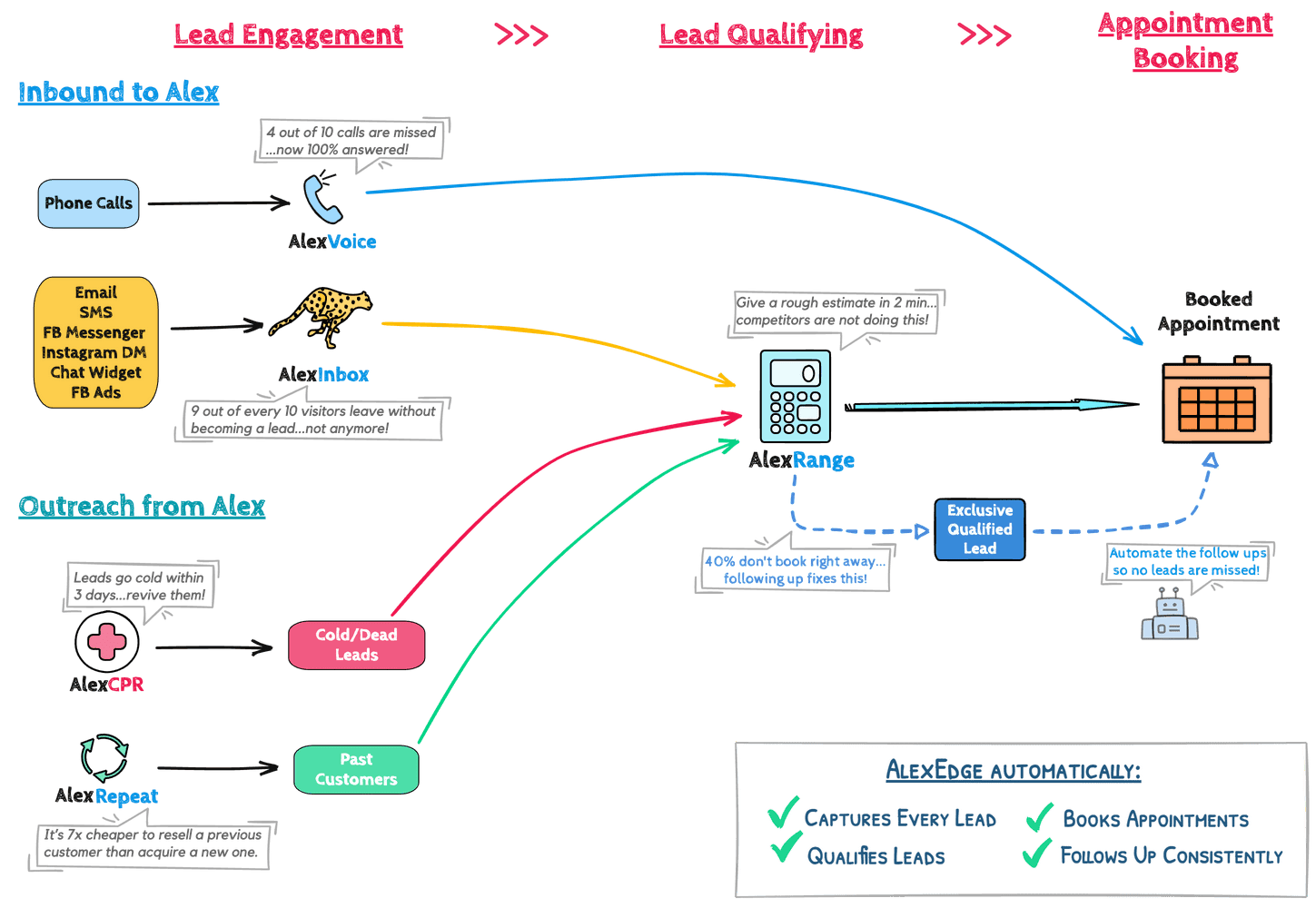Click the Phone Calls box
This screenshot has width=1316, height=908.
tap(89, 203)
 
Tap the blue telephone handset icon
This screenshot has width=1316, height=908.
tap(322, 199)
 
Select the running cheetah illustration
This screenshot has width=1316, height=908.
tap(321, 317)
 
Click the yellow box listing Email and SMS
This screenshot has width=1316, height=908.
tap(95, 342)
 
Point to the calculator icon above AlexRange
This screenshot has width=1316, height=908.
tap(795, 397)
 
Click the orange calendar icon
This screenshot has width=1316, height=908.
tap(1217, 400)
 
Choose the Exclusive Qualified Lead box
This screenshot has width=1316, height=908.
tap(980, 529)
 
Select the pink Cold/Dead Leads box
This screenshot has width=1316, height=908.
tap(357, 645)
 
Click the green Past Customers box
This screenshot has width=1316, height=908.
tap(356, 769)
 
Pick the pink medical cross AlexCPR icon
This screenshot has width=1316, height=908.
tap(107, 641)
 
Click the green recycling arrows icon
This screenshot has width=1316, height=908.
tap(104, 757)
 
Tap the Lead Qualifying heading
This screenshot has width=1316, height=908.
tap(761, 35)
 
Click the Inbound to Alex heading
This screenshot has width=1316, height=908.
tap(119, 93)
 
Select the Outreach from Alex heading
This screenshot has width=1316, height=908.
tap(142, 506)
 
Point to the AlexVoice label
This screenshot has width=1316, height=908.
tap(331, 242)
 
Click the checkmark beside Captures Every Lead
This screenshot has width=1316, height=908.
tap(784, 813)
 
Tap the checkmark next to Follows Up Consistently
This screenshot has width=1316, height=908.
tap(1037, 853)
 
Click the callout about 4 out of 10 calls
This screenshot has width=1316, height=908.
tap(351, 141)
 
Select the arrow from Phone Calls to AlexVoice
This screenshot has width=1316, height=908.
tap(219, 203)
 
